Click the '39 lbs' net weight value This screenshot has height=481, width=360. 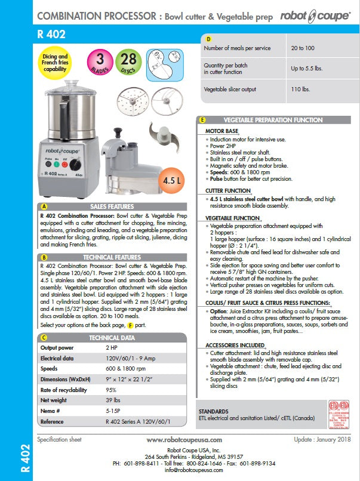click(112, 399)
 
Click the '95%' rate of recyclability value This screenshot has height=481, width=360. click(112, 389)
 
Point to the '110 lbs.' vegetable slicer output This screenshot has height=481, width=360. click(300, 89)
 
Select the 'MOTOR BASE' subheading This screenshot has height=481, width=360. click(221, 131)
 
